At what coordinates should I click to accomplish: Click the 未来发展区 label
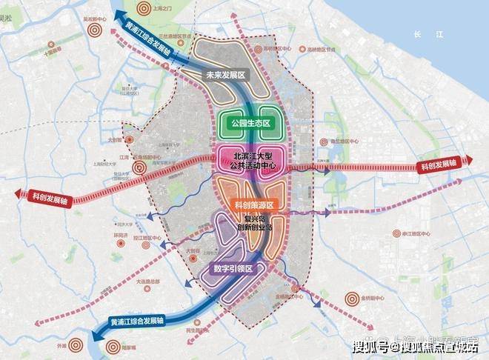point(224,75)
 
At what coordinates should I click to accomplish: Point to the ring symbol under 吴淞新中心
point(93,31)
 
